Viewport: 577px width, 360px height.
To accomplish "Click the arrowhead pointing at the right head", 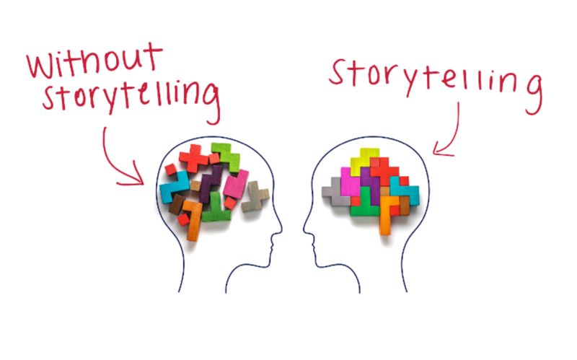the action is (441, 149).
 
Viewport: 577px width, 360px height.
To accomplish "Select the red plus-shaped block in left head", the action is (194, 157).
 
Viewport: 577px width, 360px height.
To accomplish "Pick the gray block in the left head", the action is (255, 196).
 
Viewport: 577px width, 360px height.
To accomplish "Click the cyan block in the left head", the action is (174, 187).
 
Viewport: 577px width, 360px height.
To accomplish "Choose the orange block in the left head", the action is (193, 220).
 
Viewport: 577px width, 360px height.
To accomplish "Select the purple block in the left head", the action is (210, 183).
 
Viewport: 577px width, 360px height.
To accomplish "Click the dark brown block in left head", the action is (177, 204).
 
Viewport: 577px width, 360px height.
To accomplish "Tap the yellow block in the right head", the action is (364, 160).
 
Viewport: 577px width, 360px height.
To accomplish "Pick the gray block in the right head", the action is (335, 192).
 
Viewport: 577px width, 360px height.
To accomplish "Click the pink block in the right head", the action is (351, 183).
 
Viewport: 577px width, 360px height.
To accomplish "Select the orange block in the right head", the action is (387, 214).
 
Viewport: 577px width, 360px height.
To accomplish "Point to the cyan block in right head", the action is (405, 190).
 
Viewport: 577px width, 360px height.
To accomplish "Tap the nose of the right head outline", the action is (305, 229).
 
